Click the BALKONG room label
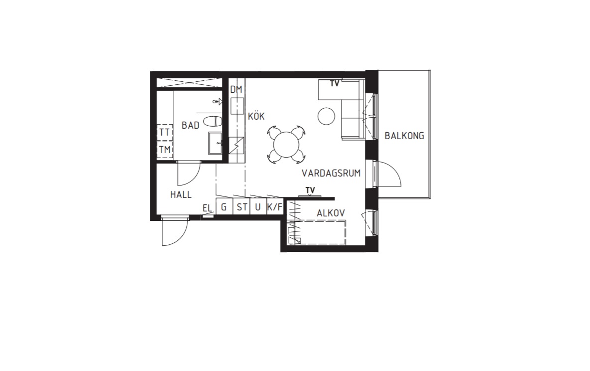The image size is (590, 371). pos(404,136)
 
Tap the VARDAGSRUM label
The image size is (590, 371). pos(331,174)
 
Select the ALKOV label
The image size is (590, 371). pos(331,213)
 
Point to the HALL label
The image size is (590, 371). pos(181,195)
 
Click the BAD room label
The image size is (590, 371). pos(190,125)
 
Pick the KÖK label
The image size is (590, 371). pos(256,116)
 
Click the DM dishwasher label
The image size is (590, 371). pos(236,90)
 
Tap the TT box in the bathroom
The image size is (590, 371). pos(165,132)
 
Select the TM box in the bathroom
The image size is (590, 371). pos(165,150)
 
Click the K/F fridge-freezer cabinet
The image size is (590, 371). pos(275,207)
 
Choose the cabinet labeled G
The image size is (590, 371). pos(224,207)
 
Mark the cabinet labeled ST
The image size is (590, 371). pos(241,207)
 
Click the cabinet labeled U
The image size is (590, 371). pos(258,207)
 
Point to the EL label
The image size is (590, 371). pos(207,208)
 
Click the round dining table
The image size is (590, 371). pos(286,145)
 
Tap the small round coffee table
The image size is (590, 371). pos(326,117)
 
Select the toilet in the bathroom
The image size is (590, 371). pos(212,121)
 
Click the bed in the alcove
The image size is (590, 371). pos(317,233)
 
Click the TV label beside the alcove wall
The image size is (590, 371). pos(310,190)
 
